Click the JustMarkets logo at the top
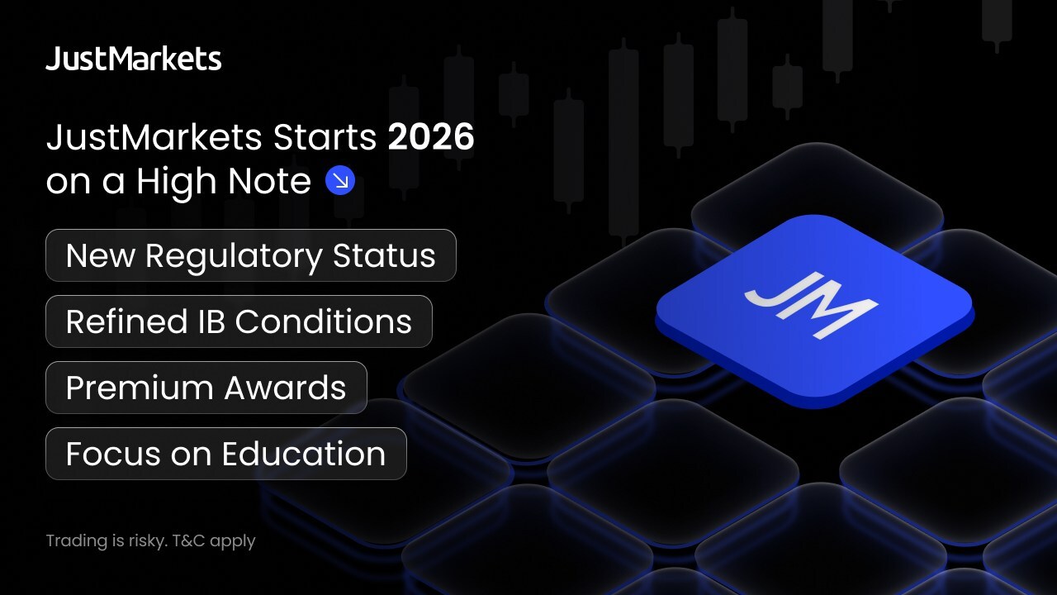(x=134, y=59)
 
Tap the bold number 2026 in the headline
(x=431, y=137)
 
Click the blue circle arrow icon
(x=340, y=180)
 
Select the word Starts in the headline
(x=325, y=137)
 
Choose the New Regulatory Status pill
(x=251, y=255)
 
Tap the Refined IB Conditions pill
(x=239, y=321)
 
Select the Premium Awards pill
(x=206, y=388)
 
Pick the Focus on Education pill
(x=226, y=454)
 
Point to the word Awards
(x=286, y=388)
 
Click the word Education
(x=305, y=454)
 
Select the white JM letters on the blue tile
(x=811, y=305)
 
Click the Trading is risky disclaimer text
(x=150, y=541)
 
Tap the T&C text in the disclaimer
(x=189, y=540)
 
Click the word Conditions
(x=324, y=322)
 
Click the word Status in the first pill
(x=384, y=256)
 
